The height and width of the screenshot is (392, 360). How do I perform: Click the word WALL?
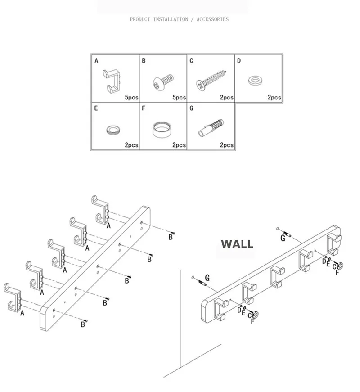pyautogui.click(x=237, y=244)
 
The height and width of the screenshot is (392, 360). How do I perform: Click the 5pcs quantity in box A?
pyautogui.click(x=131, y=97)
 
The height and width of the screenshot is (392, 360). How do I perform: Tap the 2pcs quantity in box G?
pyautogui.click(x=227, y=145)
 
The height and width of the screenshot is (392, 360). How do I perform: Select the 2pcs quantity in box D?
pyautogui.click(x=274, y=97)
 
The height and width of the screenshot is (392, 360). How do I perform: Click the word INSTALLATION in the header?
pyautogui.click(x=171, y=19)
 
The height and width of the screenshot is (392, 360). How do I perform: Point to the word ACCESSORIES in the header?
pyautogui.click(x=212, y=19)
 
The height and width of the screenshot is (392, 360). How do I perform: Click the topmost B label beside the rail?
pyautogui.click(x=171, y=237)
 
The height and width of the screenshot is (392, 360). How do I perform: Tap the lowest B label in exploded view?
pyautogui.click(x=83, y=324)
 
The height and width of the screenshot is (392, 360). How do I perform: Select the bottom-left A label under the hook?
pyautogui.click(x=22, y=313)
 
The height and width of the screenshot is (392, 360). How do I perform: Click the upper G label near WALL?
pyautogui.click(x=283, y=238)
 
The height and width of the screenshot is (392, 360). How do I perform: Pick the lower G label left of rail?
pyautogui.click(x=207, y=278)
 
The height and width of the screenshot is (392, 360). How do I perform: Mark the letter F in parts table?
pyautogui.click(x=144, y=108)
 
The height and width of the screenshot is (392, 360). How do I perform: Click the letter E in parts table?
pyautogui.click(x=96, y=108)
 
